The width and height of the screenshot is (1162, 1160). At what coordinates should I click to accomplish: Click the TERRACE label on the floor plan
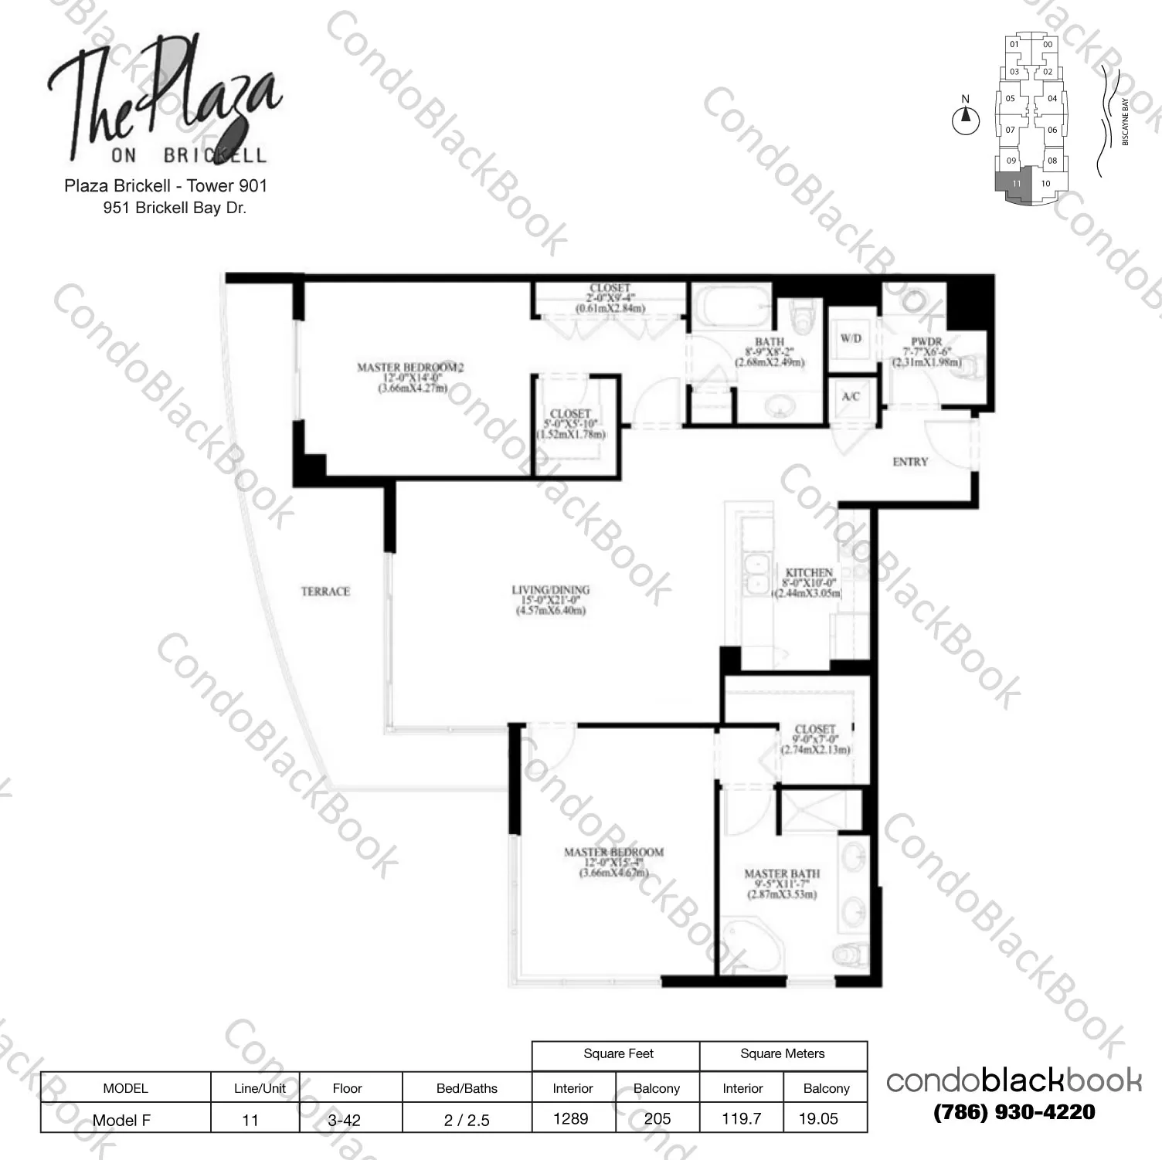[325, 592]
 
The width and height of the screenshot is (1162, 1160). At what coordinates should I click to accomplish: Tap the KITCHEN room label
[808, 573]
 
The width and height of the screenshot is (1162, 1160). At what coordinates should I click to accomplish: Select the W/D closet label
[851, 338]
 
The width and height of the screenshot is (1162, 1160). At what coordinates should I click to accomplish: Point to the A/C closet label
[851, 396]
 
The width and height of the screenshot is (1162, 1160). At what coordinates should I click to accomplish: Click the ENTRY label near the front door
[909, 462]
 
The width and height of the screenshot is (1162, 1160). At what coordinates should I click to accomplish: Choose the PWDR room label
[926, 342]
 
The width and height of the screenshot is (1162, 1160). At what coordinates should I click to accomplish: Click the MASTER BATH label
[781, 873]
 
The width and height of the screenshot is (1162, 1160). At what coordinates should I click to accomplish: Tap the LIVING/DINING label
[550, 590]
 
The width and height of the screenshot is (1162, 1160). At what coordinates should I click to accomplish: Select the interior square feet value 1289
[571, 1118]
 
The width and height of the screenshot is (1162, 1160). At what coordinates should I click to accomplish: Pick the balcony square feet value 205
[657, 1118]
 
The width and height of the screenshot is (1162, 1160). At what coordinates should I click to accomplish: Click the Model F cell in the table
[122, 1120]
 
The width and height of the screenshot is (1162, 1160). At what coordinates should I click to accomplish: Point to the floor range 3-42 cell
[344, 1120]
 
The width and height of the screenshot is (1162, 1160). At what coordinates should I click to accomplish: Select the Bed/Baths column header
[467, 1088]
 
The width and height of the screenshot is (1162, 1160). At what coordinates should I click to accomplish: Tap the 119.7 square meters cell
[742, 1118]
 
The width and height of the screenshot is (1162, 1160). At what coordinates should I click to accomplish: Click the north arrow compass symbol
[966, 119]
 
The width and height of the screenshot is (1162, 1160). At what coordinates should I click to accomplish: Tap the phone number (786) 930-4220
[1014, 1112]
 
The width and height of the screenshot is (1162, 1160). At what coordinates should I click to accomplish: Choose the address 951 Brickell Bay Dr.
[175, 208]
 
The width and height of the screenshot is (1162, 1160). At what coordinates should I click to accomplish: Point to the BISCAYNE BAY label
[1125, 122]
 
